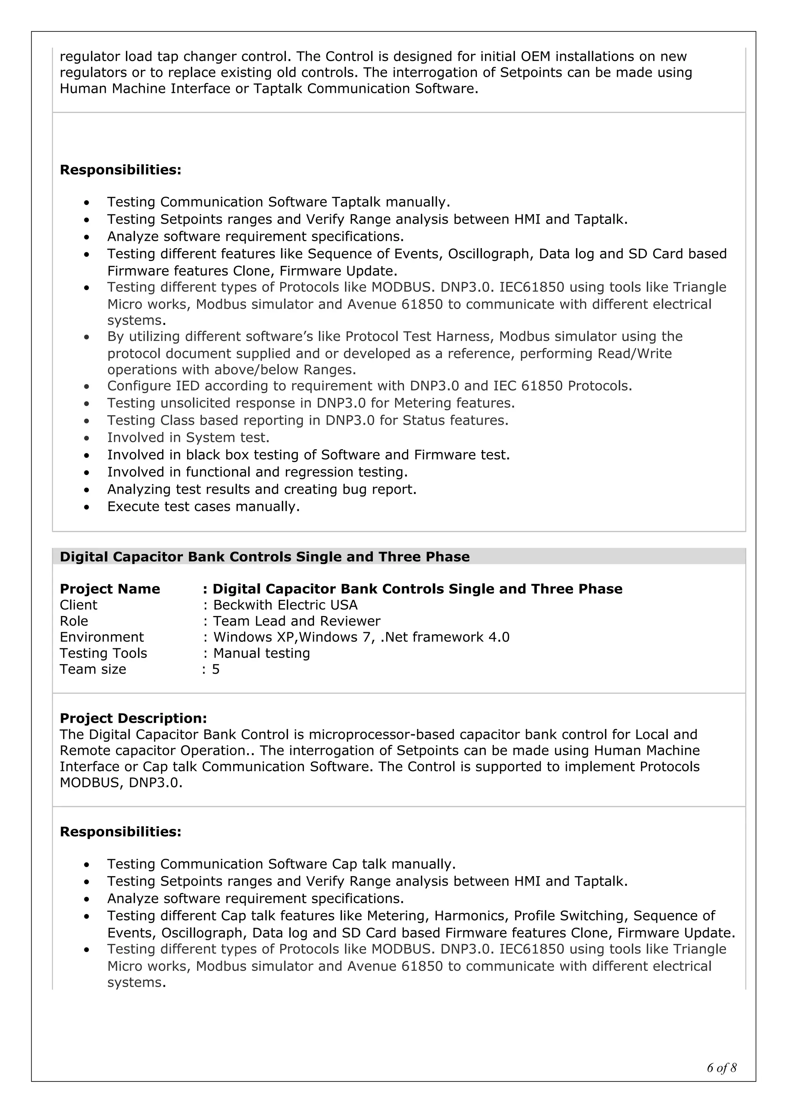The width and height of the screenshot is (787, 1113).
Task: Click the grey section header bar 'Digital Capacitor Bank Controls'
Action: coord(264,556)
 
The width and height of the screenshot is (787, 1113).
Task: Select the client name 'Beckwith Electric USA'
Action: coord(285,605)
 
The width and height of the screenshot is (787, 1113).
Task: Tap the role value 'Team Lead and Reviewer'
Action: coord(296,621)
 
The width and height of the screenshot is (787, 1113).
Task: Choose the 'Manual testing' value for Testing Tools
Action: coord(261,653)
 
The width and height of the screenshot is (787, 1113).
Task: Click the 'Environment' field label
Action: coord(102,637)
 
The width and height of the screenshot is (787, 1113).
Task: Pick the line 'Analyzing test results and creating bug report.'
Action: coord(262,489)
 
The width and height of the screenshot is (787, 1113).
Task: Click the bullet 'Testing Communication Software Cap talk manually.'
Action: coord(281,864)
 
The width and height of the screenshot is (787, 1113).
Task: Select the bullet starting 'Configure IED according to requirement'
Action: coord(370,386)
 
